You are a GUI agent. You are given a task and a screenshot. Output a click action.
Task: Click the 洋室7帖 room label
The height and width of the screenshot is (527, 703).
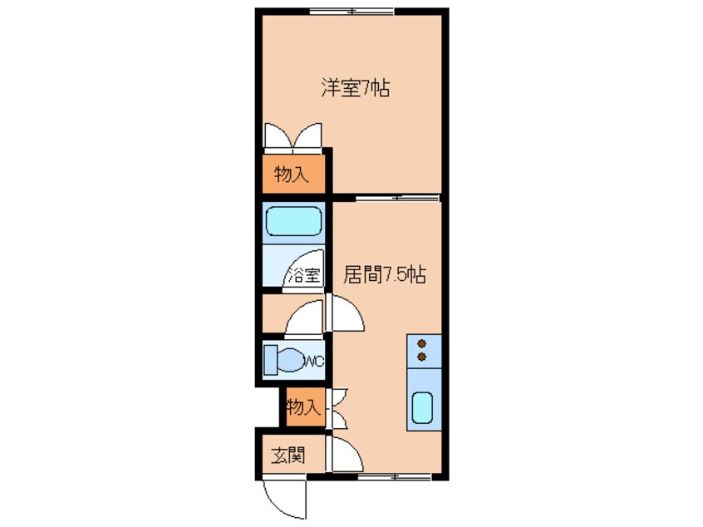click(355, 87)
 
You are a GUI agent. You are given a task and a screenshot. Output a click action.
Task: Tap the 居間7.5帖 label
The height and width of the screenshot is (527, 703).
click(384, 275)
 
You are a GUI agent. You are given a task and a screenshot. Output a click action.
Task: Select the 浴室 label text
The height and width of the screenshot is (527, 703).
click(302, 276)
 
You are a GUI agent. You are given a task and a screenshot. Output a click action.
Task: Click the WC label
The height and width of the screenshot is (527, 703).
click(314, 361)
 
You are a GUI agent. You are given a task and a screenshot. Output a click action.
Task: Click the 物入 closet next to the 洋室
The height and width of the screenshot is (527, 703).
click(292, 175)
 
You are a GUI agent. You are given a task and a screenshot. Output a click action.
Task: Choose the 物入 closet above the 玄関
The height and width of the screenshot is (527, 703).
click(302, 407)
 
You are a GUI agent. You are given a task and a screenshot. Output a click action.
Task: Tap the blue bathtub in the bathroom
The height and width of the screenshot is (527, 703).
click(293, 222)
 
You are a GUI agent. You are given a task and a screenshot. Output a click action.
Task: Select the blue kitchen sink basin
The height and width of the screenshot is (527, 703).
click(422, 408)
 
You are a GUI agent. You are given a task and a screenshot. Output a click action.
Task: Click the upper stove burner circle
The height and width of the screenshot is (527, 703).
click(422, 342)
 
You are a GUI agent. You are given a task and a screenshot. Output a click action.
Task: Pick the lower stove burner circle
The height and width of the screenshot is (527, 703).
click(422, 357)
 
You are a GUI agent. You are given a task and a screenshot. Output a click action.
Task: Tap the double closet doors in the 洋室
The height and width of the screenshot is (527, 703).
click(292, 135)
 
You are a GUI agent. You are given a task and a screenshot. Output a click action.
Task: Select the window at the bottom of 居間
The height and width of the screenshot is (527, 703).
click(391, 476)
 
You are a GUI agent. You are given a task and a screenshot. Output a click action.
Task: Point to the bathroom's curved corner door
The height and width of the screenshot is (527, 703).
click(304, 266)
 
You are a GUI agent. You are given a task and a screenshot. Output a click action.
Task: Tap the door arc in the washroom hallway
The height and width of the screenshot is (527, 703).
click(301, 318)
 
